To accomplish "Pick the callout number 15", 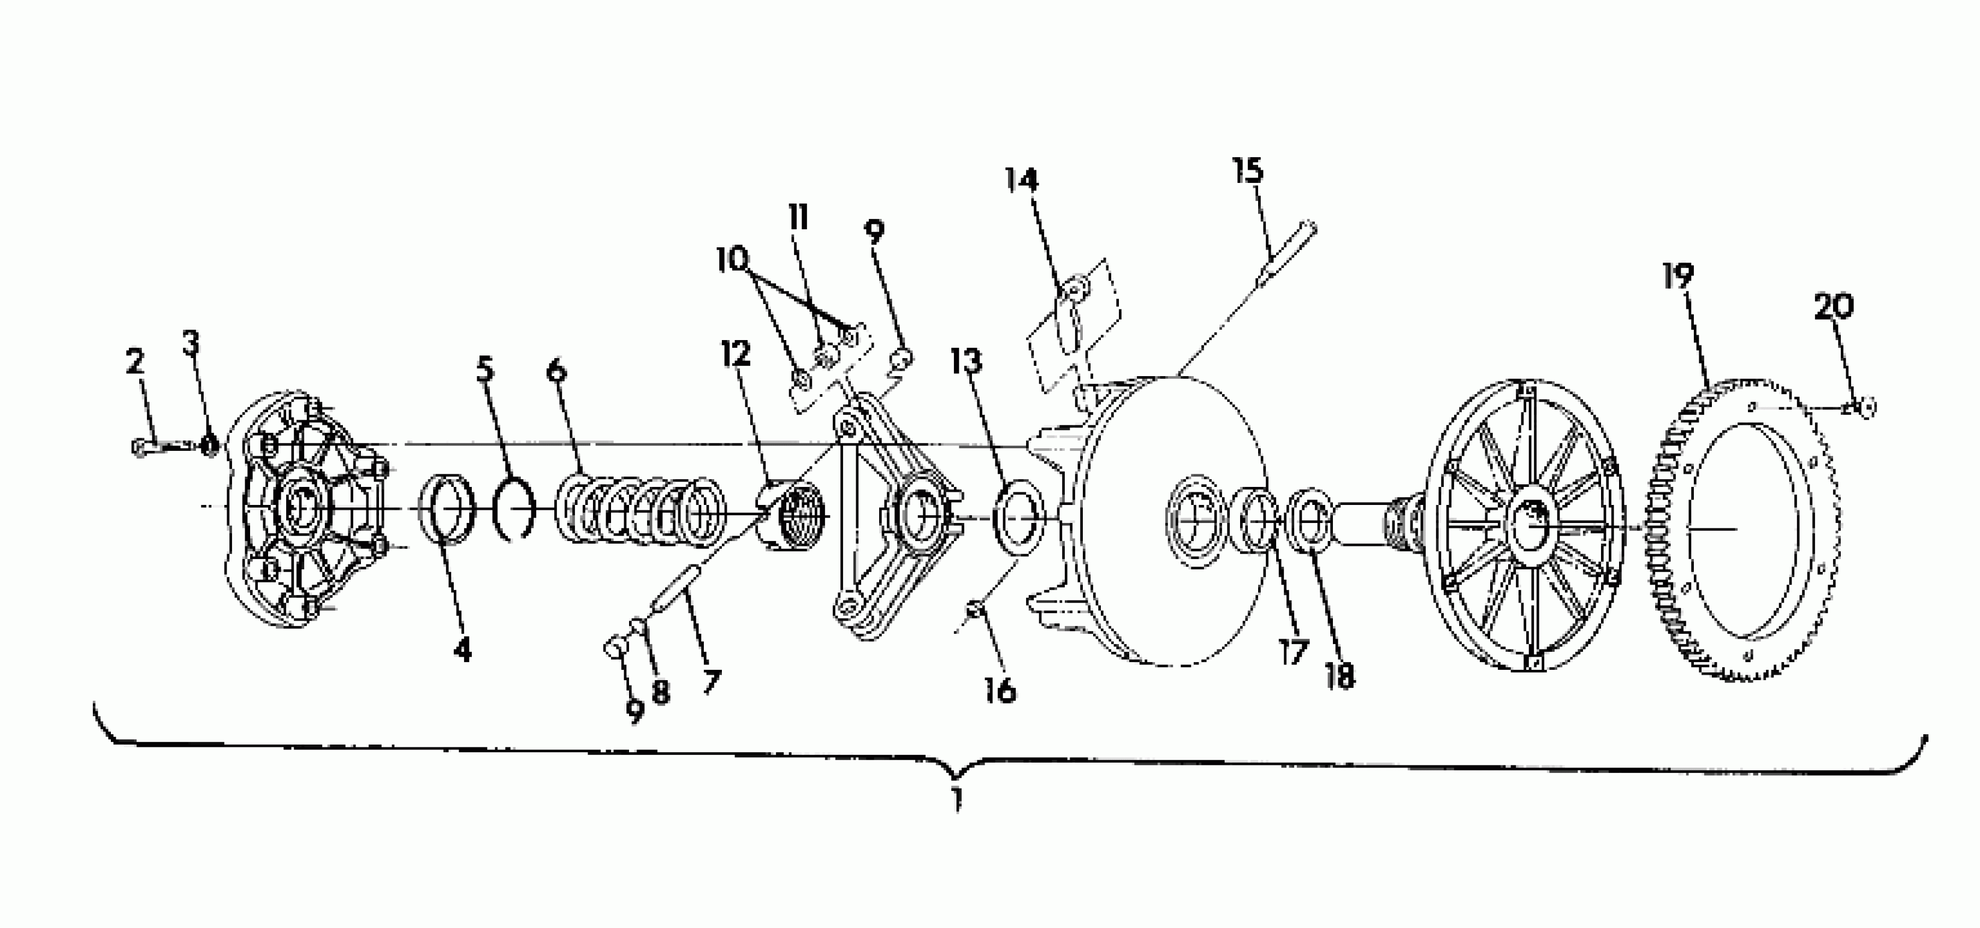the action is coord(1248,170).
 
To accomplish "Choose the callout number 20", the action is coord(1834,307).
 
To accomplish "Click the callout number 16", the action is coord(1000,691).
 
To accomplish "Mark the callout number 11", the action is coord(799,217).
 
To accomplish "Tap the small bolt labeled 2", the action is coord(158,444).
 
